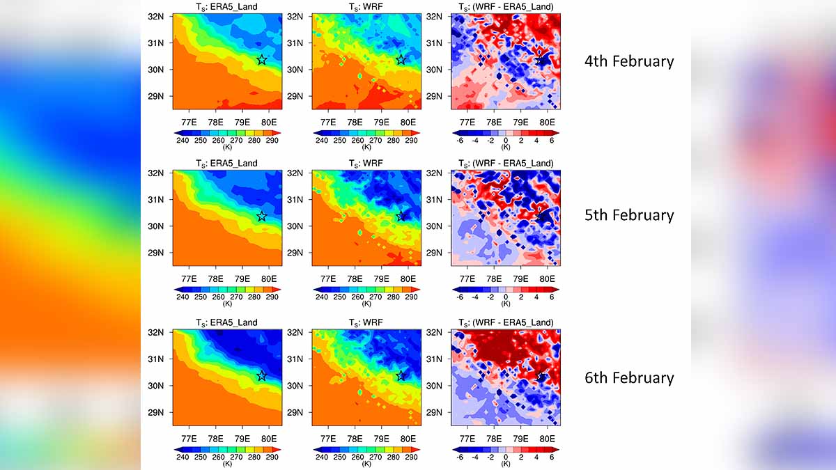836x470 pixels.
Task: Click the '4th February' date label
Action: click(x=629, y=61)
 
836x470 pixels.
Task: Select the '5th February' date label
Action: click(x=629, y=215)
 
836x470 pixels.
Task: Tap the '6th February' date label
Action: click(x=629, y=377)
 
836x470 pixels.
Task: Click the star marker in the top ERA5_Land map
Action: click(x=261, y=60)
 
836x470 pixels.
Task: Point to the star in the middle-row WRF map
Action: click(x=401, y=216)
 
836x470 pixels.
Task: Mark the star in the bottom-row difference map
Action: click(x=541, y=377)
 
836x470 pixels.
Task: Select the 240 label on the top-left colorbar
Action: click(x=183, y=140)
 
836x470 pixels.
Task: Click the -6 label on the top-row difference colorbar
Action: click(x=460, y=140)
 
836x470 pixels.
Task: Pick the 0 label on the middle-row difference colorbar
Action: click(x=506, y=297)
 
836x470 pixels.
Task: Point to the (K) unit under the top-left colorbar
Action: click(x=226, y=147)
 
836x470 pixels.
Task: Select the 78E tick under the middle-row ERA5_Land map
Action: click(x=215, y=279)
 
